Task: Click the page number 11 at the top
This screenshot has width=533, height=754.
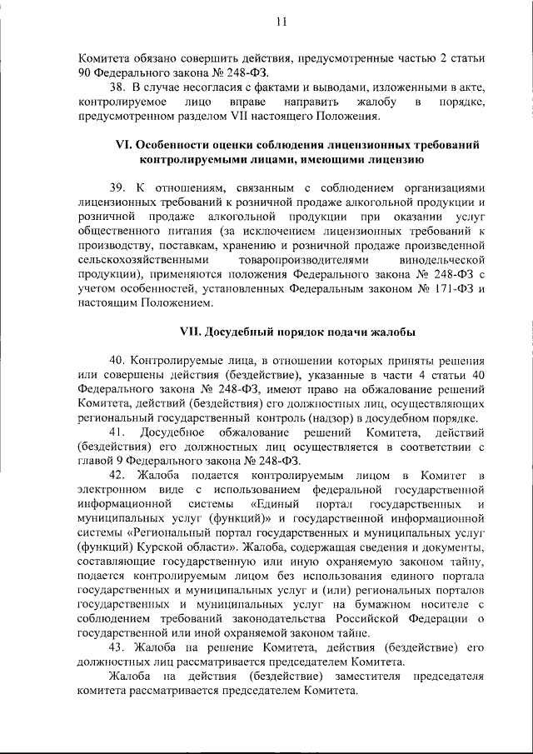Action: click(x=281, y=23)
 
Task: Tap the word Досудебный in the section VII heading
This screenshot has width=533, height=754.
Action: click(x=238, y=331)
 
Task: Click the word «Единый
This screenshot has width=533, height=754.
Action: click(x=271, y=504)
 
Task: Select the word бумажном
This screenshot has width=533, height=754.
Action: click(x=376, y=604)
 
